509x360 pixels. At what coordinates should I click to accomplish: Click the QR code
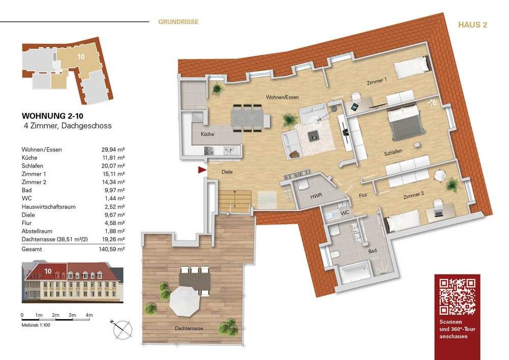tap(458, 297)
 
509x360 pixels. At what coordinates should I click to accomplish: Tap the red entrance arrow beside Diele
tap(202, 170)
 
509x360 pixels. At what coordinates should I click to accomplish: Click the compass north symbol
tap(122, 329)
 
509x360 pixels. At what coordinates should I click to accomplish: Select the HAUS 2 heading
tap(472, 25)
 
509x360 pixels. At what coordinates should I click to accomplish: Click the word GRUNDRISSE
tap(178, 22)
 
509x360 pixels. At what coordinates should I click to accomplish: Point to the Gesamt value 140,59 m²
tap(111, 250)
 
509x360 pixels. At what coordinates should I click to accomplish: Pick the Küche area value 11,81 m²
tap(114, 158)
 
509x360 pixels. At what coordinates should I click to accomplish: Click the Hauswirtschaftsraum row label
tap(49, 207)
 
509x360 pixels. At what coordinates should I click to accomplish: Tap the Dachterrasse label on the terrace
tap(189, 328)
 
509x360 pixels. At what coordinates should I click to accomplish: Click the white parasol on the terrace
tap(185, 301)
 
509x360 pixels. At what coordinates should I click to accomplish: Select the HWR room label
tap(316, 196)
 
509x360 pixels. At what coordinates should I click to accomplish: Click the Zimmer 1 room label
tap(377, 81)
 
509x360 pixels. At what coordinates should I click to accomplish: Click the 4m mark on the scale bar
tap(89, 315)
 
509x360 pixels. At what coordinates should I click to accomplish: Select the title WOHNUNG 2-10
tap(52, 116)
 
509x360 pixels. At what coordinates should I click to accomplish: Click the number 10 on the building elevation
tap(48, 271)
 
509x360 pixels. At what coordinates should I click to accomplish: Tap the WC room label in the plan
tap(345, 213)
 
